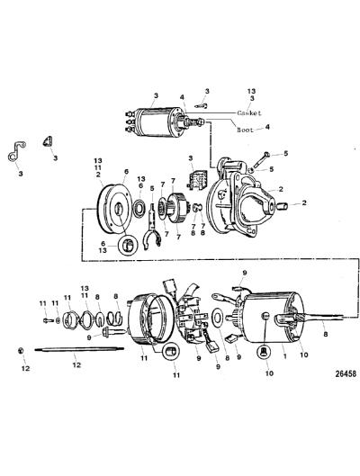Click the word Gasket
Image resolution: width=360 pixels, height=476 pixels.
(249, 113)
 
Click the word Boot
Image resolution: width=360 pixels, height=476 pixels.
(245, 130)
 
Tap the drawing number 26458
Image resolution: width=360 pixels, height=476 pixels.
(346, 374)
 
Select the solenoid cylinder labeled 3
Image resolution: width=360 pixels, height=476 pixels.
(153, 121)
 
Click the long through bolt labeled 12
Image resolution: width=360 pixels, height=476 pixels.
(79, 350)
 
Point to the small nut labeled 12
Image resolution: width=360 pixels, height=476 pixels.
(21, 350)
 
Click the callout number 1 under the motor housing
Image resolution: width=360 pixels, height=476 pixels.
(284, 355)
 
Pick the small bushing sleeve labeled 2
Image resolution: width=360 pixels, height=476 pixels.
(283, 207)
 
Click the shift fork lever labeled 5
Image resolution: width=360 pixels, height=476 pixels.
(154, 226)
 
